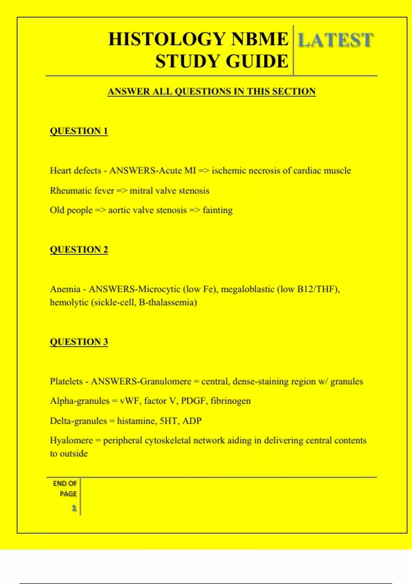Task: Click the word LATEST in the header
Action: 335,40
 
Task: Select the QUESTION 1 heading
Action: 79,131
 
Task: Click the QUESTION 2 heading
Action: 79,249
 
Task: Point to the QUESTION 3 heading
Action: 79,342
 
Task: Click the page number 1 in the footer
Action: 74,508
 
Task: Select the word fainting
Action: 218,210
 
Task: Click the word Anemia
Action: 65,289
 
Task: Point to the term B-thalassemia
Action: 168,303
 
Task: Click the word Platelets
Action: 66,381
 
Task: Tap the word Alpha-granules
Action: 79,401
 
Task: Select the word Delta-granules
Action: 78,421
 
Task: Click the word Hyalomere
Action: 71,440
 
